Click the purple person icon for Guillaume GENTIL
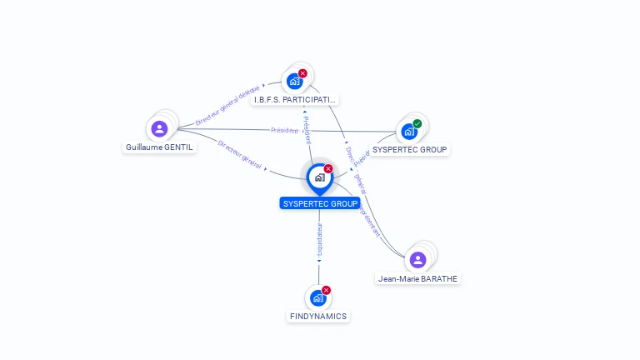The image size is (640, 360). click(159, 128)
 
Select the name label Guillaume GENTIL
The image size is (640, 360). click(159, 147)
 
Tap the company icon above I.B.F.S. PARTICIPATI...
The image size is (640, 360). click(294, 81)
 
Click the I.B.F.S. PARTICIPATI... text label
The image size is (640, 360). click(297, 99)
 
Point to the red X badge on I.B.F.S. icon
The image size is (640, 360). click(302, 73)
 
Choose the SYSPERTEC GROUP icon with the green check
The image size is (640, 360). click(409, 131)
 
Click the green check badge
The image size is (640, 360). click(417, 124)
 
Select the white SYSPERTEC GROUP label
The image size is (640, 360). click(410, 150)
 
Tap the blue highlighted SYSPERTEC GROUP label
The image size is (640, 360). click(320, 203)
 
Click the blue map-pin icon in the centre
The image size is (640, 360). click(319, 177)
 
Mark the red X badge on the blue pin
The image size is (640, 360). click(328, 169)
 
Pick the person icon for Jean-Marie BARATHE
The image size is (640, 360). click(418, 259)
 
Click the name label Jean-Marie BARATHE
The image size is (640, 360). click(417, 278)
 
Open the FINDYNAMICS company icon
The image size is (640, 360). click(317, 297)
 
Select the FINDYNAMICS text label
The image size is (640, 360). click(318, 317)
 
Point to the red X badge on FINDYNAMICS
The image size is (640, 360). click(326, 290)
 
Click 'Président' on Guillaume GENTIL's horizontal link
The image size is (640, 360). click(285, 129)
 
